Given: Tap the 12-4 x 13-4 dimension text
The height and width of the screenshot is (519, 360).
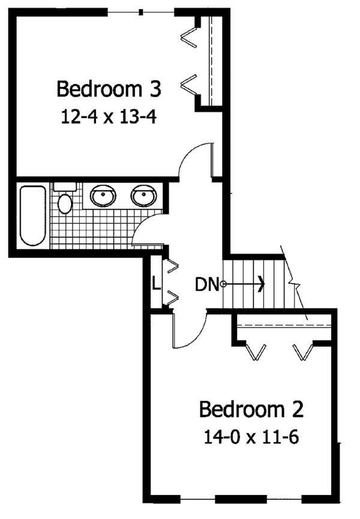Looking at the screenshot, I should (109, 116).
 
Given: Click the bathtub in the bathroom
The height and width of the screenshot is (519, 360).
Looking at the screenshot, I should (32, 216).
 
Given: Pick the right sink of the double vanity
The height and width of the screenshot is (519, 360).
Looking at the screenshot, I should (144, 196).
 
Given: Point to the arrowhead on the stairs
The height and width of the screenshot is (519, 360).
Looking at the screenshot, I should (261, 284).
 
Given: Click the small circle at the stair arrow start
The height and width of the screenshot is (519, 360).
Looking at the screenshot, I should (223, 284).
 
